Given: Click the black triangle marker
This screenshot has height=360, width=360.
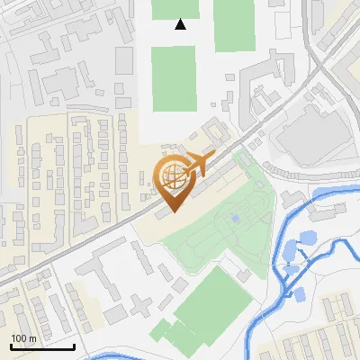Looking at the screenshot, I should (181, 24).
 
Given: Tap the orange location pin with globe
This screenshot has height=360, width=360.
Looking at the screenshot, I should (173, 183).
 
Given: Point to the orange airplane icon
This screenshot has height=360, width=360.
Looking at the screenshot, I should (193, 165).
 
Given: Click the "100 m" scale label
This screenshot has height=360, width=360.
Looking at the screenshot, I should (23, 338).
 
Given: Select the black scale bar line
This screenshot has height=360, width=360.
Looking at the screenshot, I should (41, 346).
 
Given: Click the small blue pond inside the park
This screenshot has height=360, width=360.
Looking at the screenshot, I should (236, 219).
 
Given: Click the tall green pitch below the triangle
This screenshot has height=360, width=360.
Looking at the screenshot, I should (173, 79).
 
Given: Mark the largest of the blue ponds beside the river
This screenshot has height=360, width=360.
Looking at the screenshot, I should (307, 238).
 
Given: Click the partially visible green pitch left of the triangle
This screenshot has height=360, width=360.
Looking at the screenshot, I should (163, 8).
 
